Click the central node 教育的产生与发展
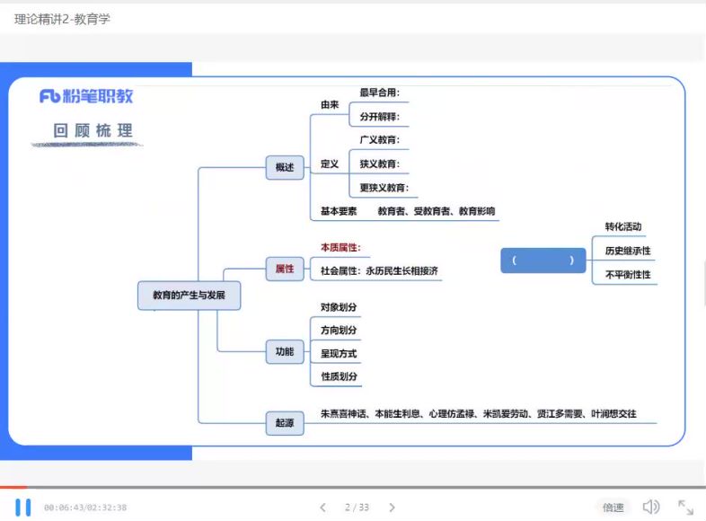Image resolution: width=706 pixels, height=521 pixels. [189, 295]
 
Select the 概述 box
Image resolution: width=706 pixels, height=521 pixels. [285, 167]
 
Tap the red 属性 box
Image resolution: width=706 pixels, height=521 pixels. [285, 269]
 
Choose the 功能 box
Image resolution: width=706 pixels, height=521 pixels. [285, 351]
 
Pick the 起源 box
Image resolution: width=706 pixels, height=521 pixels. [285, 422]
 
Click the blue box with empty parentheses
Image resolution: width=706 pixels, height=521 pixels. [543, 260]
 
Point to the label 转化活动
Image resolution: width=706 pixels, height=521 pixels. [623, 226]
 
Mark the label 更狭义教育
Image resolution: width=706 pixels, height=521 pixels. [384, 188]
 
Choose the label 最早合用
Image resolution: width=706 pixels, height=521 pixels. [379, 92]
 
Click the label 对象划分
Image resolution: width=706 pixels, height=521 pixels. [340, 307]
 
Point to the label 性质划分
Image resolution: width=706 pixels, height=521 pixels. [340, 376]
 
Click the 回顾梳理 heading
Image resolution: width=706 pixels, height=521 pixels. [93, 131]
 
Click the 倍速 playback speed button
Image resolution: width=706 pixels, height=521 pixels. [613, 508]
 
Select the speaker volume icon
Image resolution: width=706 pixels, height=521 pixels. [651, 508]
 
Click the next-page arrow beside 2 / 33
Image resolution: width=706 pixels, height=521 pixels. [392, 508]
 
